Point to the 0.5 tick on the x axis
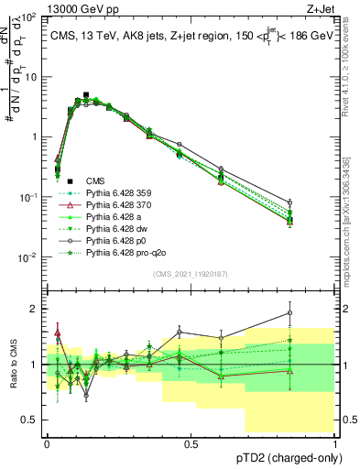(x=191, y=442)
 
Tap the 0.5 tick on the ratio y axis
(x=35, y=420)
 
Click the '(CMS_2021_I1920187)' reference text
(x=191, y=272)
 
